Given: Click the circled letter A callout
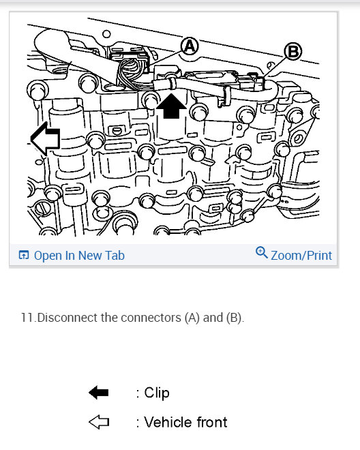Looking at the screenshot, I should pyautogui.click(x=188, y=46).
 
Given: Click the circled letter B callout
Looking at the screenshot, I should pyautogui.click(x=292, y=50).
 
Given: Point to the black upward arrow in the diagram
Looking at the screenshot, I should pyautogui.click(x=171, y=106).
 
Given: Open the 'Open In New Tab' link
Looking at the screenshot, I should pyautogui.click(x=79, y=256).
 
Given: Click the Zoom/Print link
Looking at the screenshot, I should pyautogui.click(x=301, y=256).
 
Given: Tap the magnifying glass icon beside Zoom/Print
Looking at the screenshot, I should pyautogui.click(x=261, y=254).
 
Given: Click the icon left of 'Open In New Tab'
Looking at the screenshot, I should pyautogui.click(x=24, y=256).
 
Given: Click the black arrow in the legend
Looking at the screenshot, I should pyautogui.click(x=99, y=393).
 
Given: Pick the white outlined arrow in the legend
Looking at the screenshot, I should pyautogui.click(x=99, y=423).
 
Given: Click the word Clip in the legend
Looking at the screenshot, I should pyautogui.click(x=156, y=393).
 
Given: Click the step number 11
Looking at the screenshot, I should pyautogui.click(x=27, y=318).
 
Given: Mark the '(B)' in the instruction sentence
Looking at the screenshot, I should pyautogui.click(x=233, y=318).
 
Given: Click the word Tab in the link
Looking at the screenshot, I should pyautogui.click(x=115, y=256).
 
